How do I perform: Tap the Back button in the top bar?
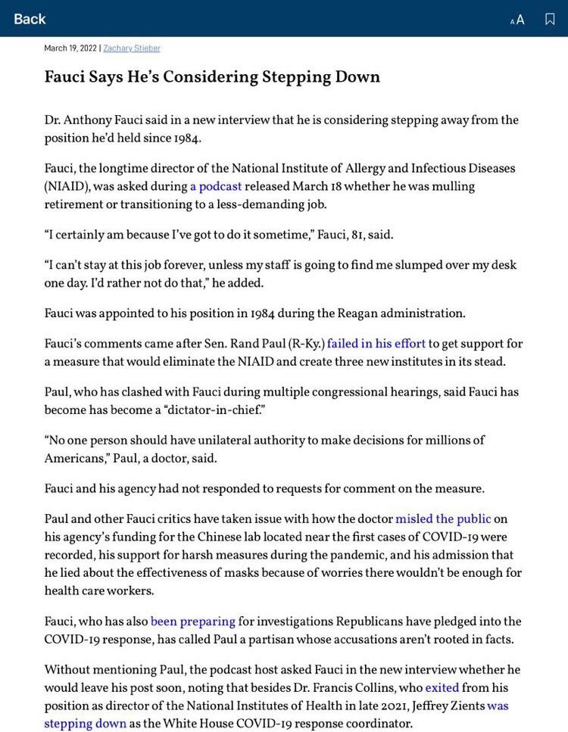pos(30,19)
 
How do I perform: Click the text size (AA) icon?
pos(517,20)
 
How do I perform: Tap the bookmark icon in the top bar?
pos(550,19)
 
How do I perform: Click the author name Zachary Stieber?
pos(132,48)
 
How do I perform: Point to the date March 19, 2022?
pos(70,48)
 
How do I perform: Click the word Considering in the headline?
pos(211,77)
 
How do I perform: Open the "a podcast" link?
pos(216,186)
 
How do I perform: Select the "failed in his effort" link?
pos(376,344)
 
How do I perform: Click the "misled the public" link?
pos(443,519)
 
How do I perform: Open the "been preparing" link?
pos(192,621)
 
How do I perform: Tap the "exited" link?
pos(442,688)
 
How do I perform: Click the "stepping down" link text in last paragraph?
pos(85,724)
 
